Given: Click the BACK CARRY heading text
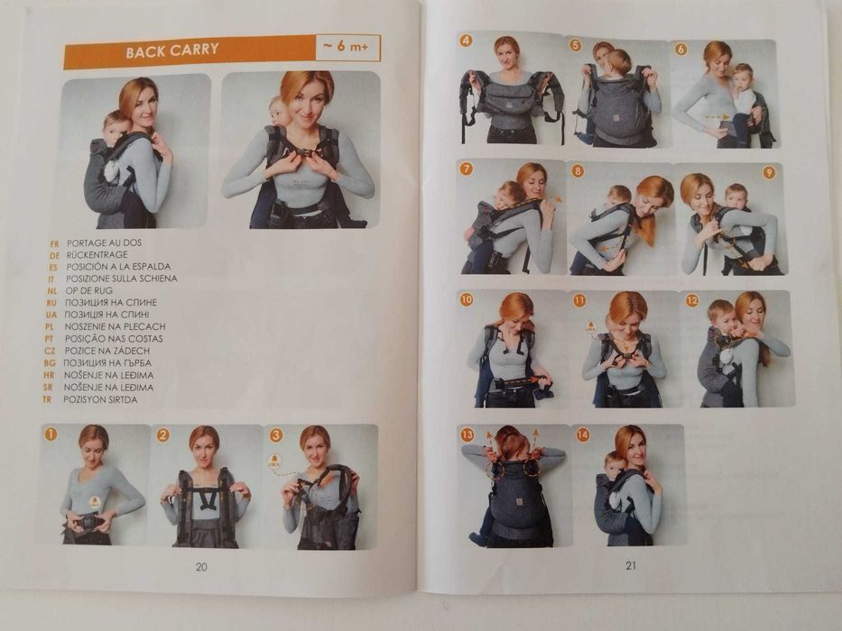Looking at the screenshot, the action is (172, 50).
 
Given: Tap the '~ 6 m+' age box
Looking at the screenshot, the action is (347, 47).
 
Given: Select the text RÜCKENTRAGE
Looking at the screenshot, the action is (97, 254).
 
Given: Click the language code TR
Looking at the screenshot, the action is (47, 399).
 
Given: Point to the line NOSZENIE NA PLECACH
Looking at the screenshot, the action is (115, 326).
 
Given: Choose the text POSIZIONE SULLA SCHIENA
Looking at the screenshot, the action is (121, 279).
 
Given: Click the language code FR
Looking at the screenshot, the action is (54, 243).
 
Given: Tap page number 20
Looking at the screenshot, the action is (201, 567).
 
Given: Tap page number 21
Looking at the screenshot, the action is (631, 565).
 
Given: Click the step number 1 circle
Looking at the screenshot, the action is (51, 433).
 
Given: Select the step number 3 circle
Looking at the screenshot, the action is (276, 434).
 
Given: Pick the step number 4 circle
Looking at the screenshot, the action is (466, 41).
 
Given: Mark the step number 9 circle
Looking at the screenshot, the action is (769, 172).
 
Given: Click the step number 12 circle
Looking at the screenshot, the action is (692, 300).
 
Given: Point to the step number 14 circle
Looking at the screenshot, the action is (583, 434).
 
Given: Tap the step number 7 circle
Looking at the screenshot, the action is (466, 169).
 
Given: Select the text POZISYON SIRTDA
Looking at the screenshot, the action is (100, 399).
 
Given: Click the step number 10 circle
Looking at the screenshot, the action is (466, 299).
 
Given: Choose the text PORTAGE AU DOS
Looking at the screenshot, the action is (104, 242).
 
